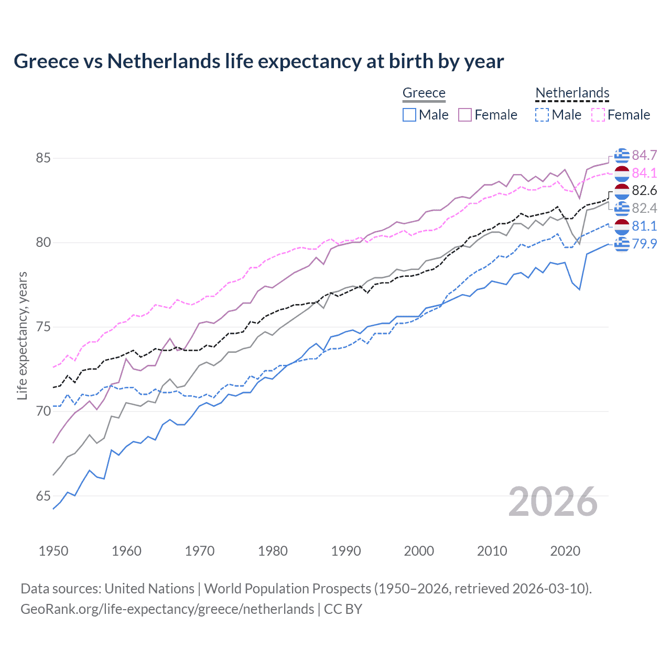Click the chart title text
click(x=258, y=61)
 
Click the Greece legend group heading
click(x=424, y=93)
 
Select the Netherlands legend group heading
click(x=572, y=93)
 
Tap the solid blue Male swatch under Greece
click(x=409, y=115)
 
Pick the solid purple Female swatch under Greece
click(x=465, y=115)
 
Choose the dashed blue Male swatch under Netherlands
click(x=542, y=115)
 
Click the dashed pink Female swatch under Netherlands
click(x=598, y=115)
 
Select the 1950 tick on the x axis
click(x=53, y=551)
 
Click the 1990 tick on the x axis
click(x=346, y=551)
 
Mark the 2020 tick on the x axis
click(x=565, y=551)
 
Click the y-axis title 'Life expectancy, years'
click(x=22, y=335)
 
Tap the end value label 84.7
click(x=644, y=155)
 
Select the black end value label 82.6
click(x=644, y=190)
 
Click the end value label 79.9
click(x=644, y=244)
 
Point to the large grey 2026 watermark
click(x=553, y=502)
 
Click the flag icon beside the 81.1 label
click(x=622, y=226)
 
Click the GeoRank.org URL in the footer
click(x=167, y=609)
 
